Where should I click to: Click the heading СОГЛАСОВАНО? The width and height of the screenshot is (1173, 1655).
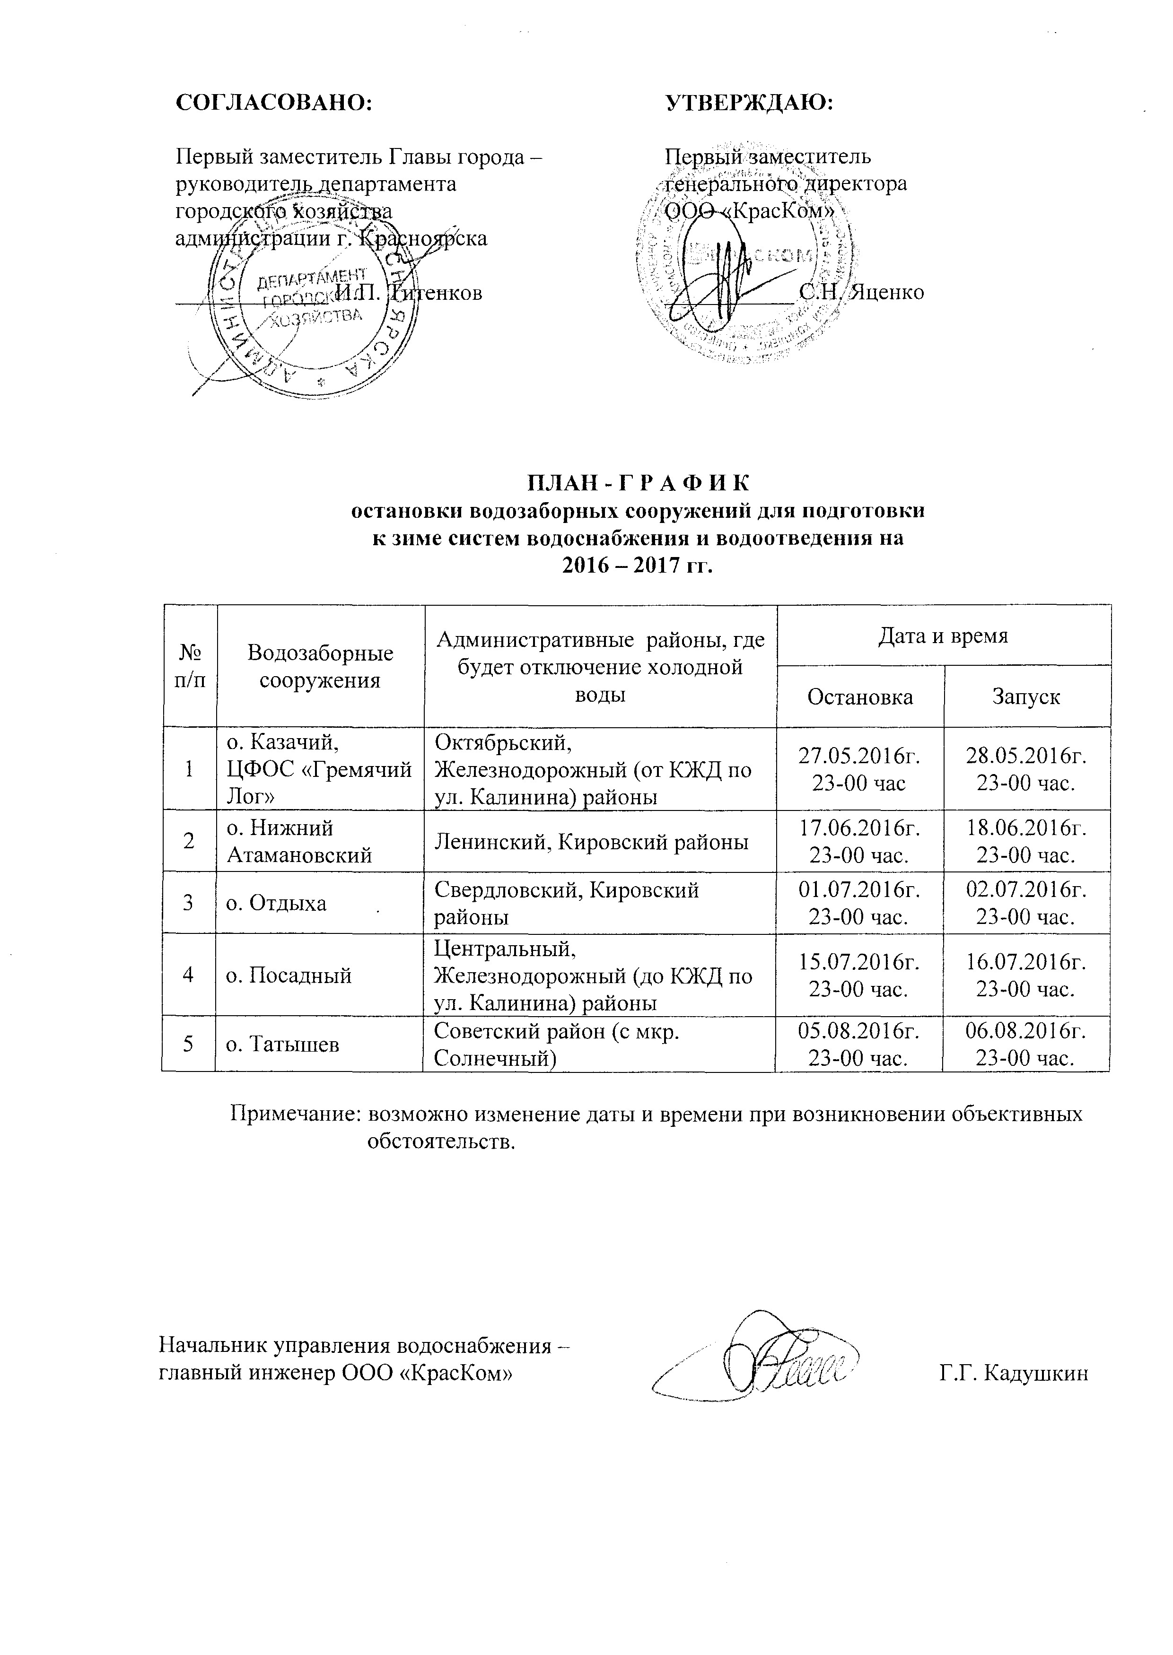click(x=274, y=103)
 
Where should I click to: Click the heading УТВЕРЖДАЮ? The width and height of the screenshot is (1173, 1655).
click(x=749, y=103)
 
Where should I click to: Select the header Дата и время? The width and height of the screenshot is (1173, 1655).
click(x=943, y=636)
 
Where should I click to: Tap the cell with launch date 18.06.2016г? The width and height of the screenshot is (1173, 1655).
click(x=1026, y=840)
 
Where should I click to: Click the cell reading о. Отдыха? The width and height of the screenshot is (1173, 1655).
click(x=277, y=903)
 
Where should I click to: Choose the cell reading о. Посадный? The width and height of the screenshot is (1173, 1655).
click(x=289, y=976)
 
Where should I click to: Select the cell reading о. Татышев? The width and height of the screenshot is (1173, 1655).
click(x=283, y=1044)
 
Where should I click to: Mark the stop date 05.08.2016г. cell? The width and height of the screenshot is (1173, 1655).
click(x=858, y=1044)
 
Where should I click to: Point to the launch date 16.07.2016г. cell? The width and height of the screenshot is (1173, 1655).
click(x=1026, y=976)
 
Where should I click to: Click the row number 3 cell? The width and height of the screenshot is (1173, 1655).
click(x=189, y=903)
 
